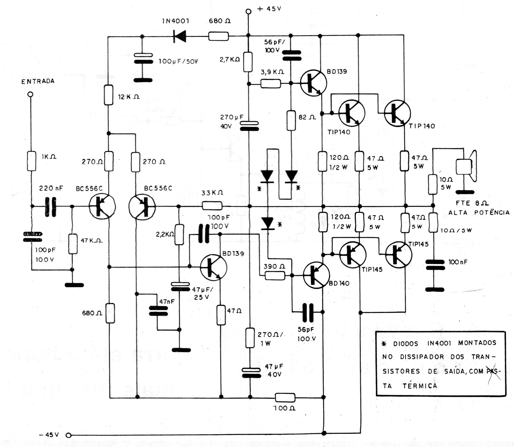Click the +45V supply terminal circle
pos(249,11)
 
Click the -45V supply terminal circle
pos(68,436)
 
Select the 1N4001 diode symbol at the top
pos(179,36)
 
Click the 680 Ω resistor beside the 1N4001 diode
pos(219,36)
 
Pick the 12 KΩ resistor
pos(108,94)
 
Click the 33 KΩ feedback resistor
pos(212,206)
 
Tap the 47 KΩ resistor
pos(73,244)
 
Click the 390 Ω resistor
pos(275,276)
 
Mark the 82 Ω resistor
pos(291,121)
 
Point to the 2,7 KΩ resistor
pos(248,62)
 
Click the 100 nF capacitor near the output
pos(435,265)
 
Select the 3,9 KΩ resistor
pos(270,83)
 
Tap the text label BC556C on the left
pos(89,189)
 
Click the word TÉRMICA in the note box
pos(420,386)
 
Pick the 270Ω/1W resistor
pos(250,338)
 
